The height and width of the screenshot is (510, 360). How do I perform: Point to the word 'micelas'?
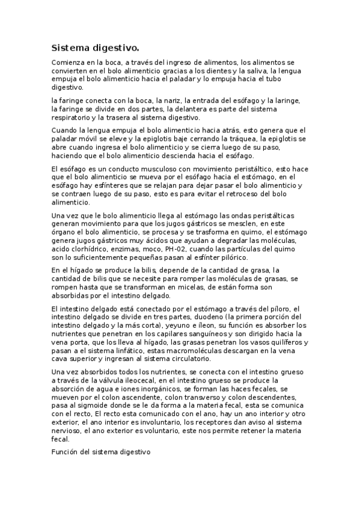tap(180, 288)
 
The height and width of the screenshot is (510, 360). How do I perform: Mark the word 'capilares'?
tap(168, 335)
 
